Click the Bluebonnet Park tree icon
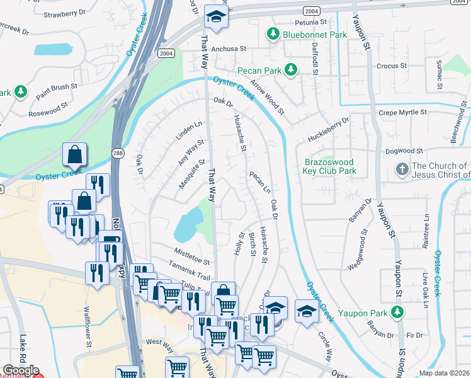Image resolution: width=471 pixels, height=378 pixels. click(273, 33)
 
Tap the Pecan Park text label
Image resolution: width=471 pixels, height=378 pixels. click(259, 71)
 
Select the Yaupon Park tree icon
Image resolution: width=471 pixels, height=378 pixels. click(397, 312)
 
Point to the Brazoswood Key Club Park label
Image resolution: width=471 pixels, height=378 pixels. click(330, 166)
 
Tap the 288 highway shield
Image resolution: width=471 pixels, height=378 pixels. click(119, 153)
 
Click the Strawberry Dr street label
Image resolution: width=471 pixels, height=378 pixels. click(64, 13)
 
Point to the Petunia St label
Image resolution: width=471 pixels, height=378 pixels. click(293, 22)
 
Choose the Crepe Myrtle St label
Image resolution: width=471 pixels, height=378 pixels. click(402, 112)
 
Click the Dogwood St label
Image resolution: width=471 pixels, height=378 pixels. click(402, 151)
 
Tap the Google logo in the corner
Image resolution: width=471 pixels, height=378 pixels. click(21, 370)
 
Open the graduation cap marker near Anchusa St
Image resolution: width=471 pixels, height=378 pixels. click(216, 18)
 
